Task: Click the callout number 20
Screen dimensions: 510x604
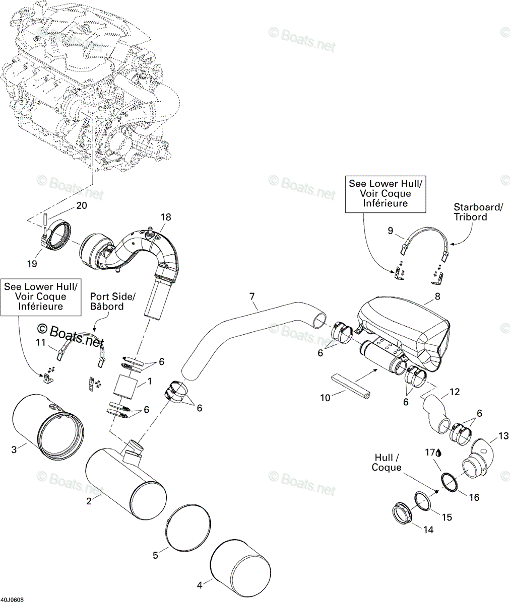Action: [x=81, y=205]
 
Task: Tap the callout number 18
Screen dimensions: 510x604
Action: [x=166, y=217]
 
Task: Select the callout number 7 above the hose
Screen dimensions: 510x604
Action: [x=252, y=296]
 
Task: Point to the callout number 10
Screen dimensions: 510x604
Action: [x=325, y=398]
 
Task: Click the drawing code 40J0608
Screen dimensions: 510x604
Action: [x=12, y=599]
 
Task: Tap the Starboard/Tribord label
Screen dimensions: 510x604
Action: [x=478, y=212]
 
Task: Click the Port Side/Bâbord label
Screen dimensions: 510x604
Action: [x=113, y=301]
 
